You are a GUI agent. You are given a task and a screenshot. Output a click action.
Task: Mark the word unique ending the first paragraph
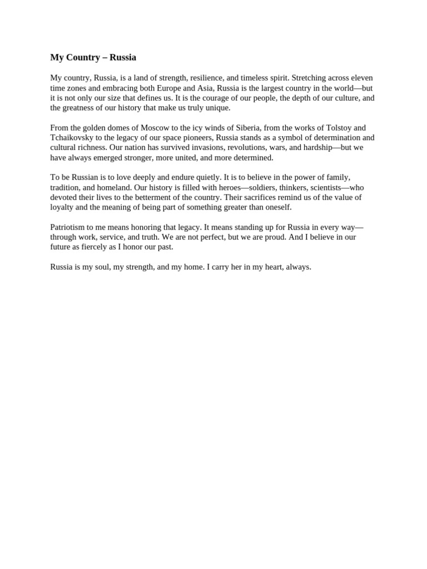click(216, 108)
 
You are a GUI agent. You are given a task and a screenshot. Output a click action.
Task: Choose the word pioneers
click(195, 138)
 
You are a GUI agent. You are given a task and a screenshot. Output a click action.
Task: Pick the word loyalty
click(63, 207)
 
